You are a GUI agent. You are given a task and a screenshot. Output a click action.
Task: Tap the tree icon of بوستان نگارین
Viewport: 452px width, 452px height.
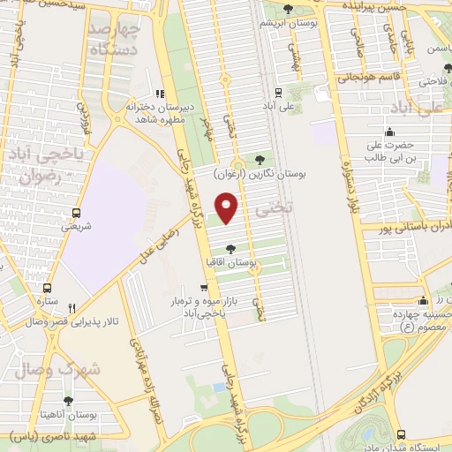coord(259,160)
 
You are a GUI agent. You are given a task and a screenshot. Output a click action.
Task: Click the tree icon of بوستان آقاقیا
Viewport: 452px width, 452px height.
coord(231,249)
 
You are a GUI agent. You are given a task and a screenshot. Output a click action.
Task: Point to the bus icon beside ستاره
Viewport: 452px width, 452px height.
coord(47,288)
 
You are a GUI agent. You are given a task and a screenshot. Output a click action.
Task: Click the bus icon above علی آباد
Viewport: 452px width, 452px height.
coord(279,92)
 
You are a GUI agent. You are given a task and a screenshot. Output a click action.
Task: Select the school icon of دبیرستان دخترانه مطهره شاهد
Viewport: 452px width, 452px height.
coord(160,93)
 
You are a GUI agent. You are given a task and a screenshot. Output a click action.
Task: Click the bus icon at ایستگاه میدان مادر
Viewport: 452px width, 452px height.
coord(402,433)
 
